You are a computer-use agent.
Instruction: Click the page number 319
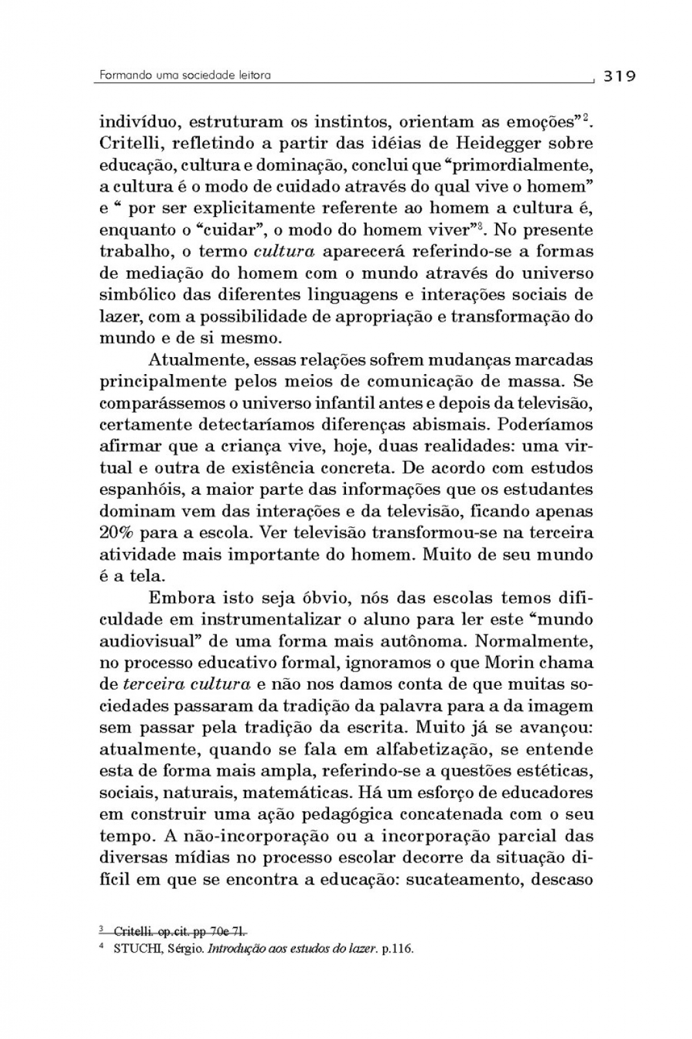619,76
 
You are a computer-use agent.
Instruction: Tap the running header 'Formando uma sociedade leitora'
185,75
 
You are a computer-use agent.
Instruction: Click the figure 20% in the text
117,533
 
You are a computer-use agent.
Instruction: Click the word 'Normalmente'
534,642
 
